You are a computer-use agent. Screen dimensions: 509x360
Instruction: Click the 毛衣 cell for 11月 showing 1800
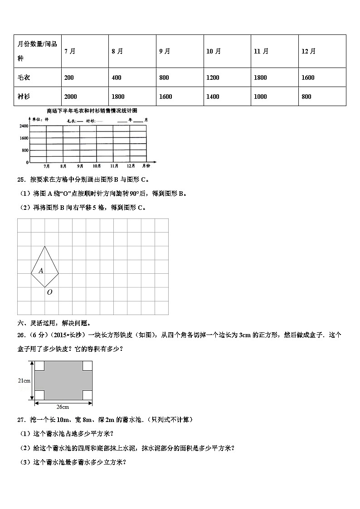pyautogui.click(x=260, y=78)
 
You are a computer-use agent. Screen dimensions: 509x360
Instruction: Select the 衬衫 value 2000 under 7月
pyautogui.click(x=71, y=97)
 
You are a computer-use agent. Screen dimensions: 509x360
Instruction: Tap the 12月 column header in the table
pyautogui.click(x=308, y=51)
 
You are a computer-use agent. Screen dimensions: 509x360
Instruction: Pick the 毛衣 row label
pyautogui.click(x=24, y=78)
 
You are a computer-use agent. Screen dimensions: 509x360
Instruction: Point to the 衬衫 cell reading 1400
pyautogui.click(x=213, y=97)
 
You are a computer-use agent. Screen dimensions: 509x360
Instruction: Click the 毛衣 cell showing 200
pyautogui.click(x=69, y=78)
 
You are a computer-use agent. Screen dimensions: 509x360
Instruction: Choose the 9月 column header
pyautogui.click(x=165, y=51)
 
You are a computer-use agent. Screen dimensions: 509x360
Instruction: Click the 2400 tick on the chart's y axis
pyautogui.click(x=24, y=126)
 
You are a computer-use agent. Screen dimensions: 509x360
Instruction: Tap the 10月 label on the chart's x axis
pyautogui.click(x=97, y=166)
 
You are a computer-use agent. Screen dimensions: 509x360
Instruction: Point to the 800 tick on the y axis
pyautogui.click(x=25, y=150)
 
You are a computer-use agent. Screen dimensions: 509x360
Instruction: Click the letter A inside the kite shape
pyautogui.click(x=41, y=271)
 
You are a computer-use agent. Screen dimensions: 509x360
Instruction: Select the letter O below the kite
pyautogui.click(x=49, y=292)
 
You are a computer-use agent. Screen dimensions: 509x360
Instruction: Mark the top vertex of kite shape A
pyautogui.click(x=44, y=246)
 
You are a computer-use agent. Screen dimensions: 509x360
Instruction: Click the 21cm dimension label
pyautogui.click(x=24, y=381)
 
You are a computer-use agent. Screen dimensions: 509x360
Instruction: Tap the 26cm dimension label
pyautogui.click(x=63, y=407)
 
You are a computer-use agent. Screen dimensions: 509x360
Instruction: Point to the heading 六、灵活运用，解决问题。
pyautogui.click(x=54, y=323)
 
